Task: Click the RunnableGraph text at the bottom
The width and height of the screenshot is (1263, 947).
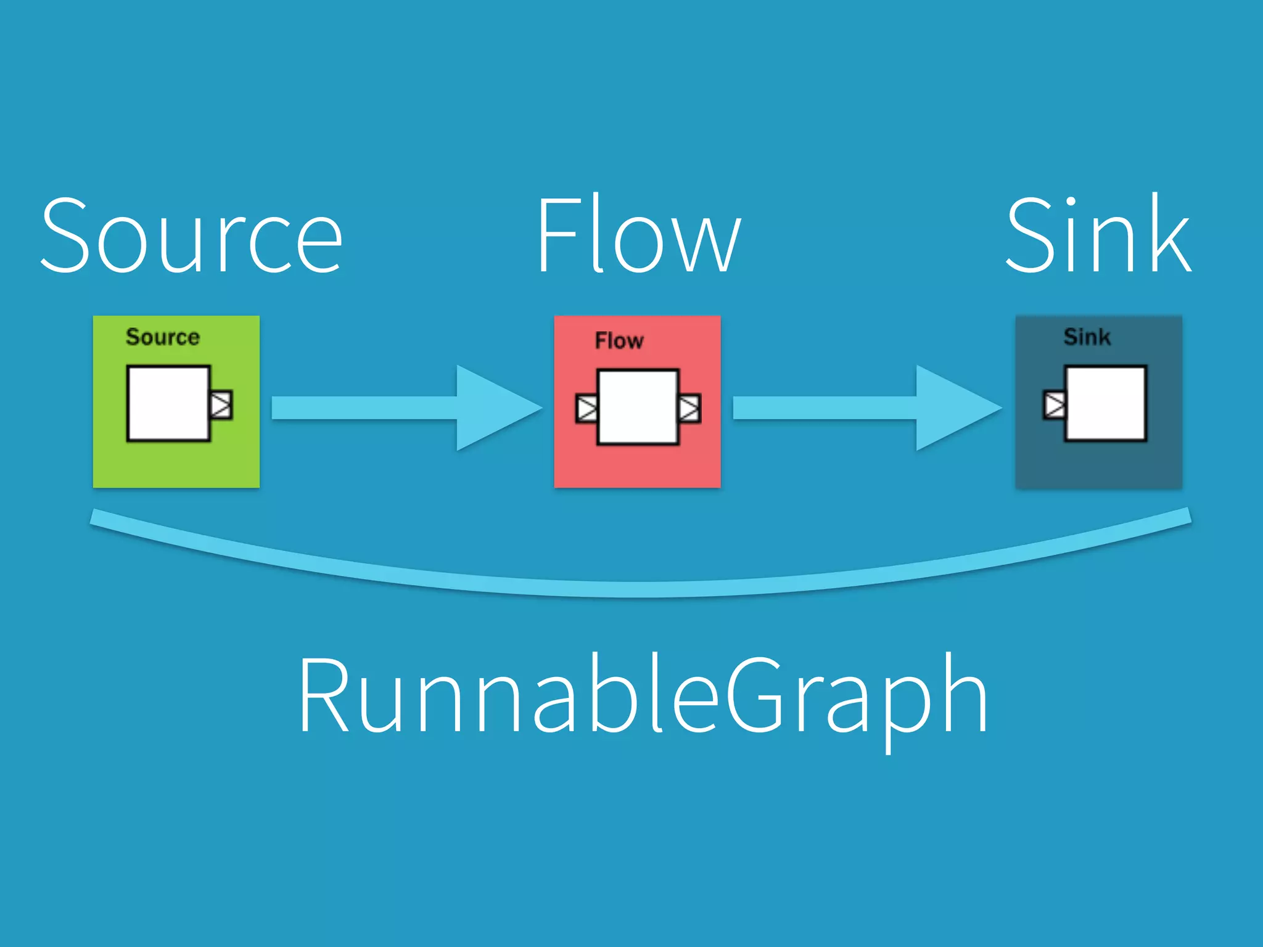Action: [643, 697]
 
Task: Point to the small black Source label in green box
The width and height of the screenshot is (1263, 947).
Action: [163, 337]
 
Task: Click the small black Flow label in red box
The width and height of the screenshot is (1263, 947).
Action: [619, 341]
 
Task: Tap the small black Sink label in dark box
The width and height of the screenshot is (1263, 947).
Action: [1087, 337]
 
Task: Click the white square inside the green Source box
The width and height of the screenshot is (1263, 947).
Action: [168, 404]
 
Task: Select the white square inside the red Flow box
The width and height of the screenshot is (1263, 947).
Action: [638, 407]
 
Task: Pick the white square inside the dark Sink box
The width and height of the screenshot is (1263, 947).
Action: [1106, 404]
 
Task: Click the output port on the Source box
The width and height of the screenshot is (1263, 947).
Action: [221, 405]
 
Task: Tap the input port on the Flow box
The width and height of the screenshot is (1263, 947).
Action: [586, 408]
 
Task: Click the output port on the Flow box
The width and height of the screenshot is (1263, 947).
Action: [689, 408]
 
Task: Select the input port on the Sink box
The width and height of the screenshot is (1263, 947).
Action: [1054, 405]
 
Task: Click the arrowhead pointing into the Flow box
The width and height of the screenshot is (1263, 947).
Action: [493, 408]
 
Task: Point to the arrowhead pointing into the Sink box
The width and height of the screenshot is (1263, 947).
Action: [953, 408]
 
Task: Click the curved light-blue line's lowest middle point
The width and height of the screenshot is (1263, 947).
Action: [641, 589]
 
